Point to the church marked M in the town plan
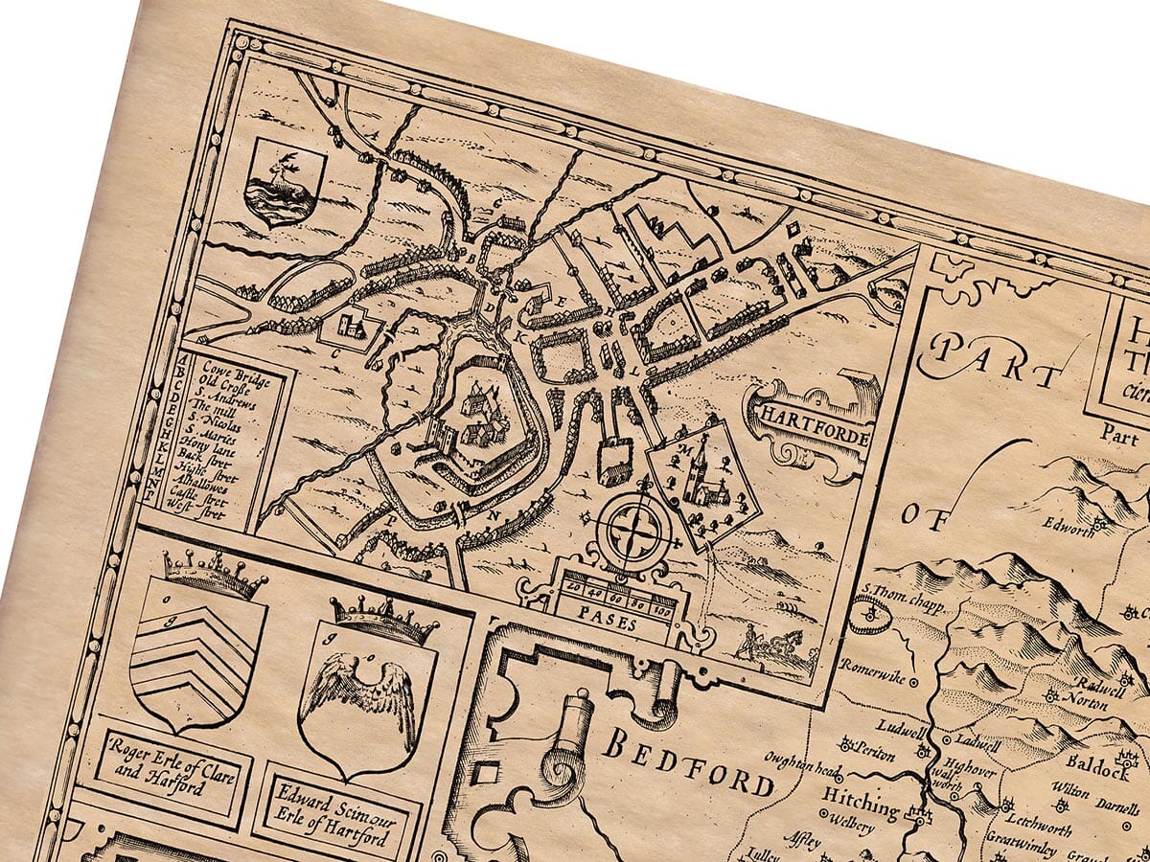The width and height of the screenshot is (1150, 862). point(701,474)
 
